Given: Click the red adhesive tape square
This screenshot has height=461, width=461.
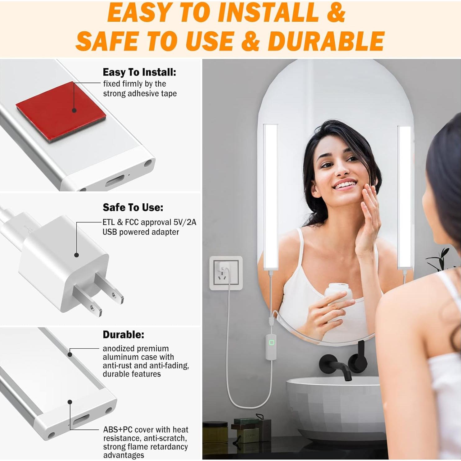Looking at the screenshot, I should pyautogui.click(x=62, y=112).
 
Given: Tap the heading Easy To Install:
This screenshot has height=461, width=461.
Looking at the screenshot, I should pyautogui.click(x=139, y=72).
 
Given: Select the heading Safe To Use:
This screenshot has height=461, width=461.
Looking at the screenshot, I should pyautogui.click(x=133, y=207).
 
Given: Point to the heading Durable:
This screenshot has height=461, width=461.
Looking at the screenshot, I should pyautogui.click(x=123, y=335).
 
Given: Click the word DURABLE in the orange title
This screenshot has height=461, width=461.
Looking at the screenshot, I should pyautogui.click(x=326, y=41).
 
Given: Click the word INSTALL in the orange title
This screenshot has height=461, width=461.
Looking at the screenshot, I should pyautogui.click(x=268, y=13).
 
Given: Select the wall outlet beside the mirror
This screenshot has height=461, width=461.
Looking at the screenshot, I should pyautogui.click(x=226, y=273).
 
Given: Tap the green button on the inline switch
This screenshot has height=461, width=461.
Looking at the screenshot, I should pyautogui.click(x=272, y=342).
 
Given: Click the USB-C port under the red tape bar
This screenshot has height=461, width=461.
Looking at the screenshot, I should pyautogui.click(x=115, y=181).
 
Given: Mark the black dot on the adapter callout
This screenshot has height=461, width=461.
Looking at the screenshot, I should pyautogui.click(x=76, y=255).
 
